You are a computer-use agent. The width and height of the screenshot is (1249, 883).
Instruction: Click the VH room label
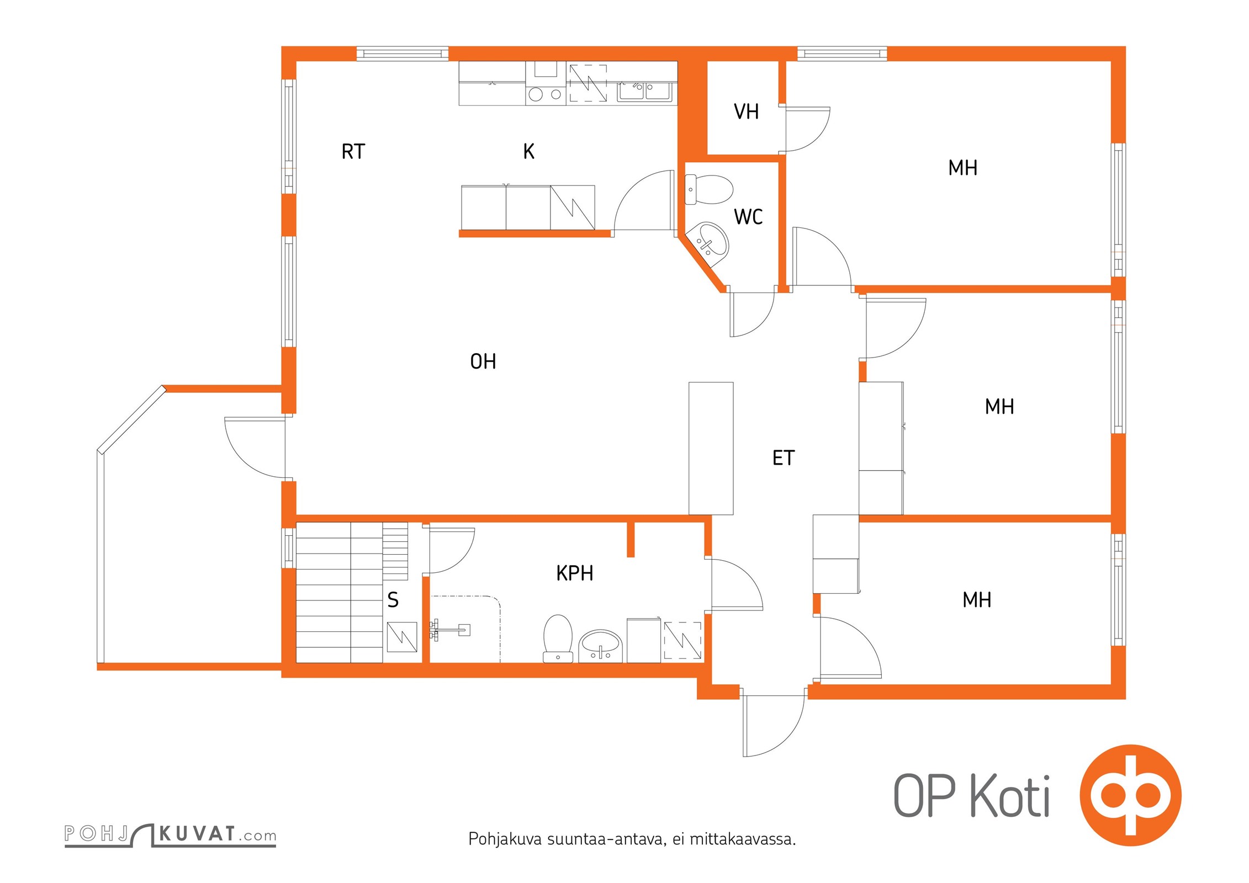(746, 111)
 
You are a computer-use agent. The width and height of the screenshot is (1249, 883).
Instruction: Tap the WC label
(748, 216)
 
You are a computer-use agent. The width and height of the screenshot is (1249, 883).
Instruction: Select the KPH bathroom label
(575, 573)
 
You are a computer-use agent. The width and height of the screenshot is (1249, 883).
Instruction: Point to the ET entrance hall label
(783, 458)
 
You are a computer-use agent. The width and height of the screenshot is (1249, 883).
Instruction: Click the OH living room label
(483, 361)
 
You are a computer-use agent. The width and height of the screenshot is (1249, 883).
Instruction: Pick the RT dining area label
(353, 151)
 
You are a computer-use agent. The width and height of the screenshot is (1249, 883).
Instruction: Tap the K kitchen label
(528, 151)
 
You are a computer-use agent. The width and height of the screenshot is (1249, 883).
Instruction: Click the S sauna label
(393, 599)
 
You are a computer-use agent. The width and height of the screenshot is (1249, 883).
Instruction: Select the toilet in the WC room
(708, 189)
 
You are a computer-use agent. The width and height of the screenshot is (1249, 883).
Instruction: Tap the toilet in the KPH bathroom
(558, 638)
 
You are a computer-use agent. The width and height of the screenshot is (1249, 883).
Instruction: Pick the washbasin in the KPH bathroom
(600, 646)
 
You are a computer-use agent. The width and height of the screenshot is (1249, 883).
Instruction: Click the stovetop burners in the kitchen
(545, 94)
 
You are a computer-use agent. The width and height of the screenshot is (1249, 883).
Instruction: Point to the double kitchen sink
(644, 92)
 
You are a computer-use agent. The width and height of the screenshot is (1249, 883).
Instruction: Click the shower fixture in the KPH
(450, 629)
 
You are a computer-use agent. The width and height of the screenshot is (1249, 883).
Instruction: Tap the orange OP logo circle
(1131, 795)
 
